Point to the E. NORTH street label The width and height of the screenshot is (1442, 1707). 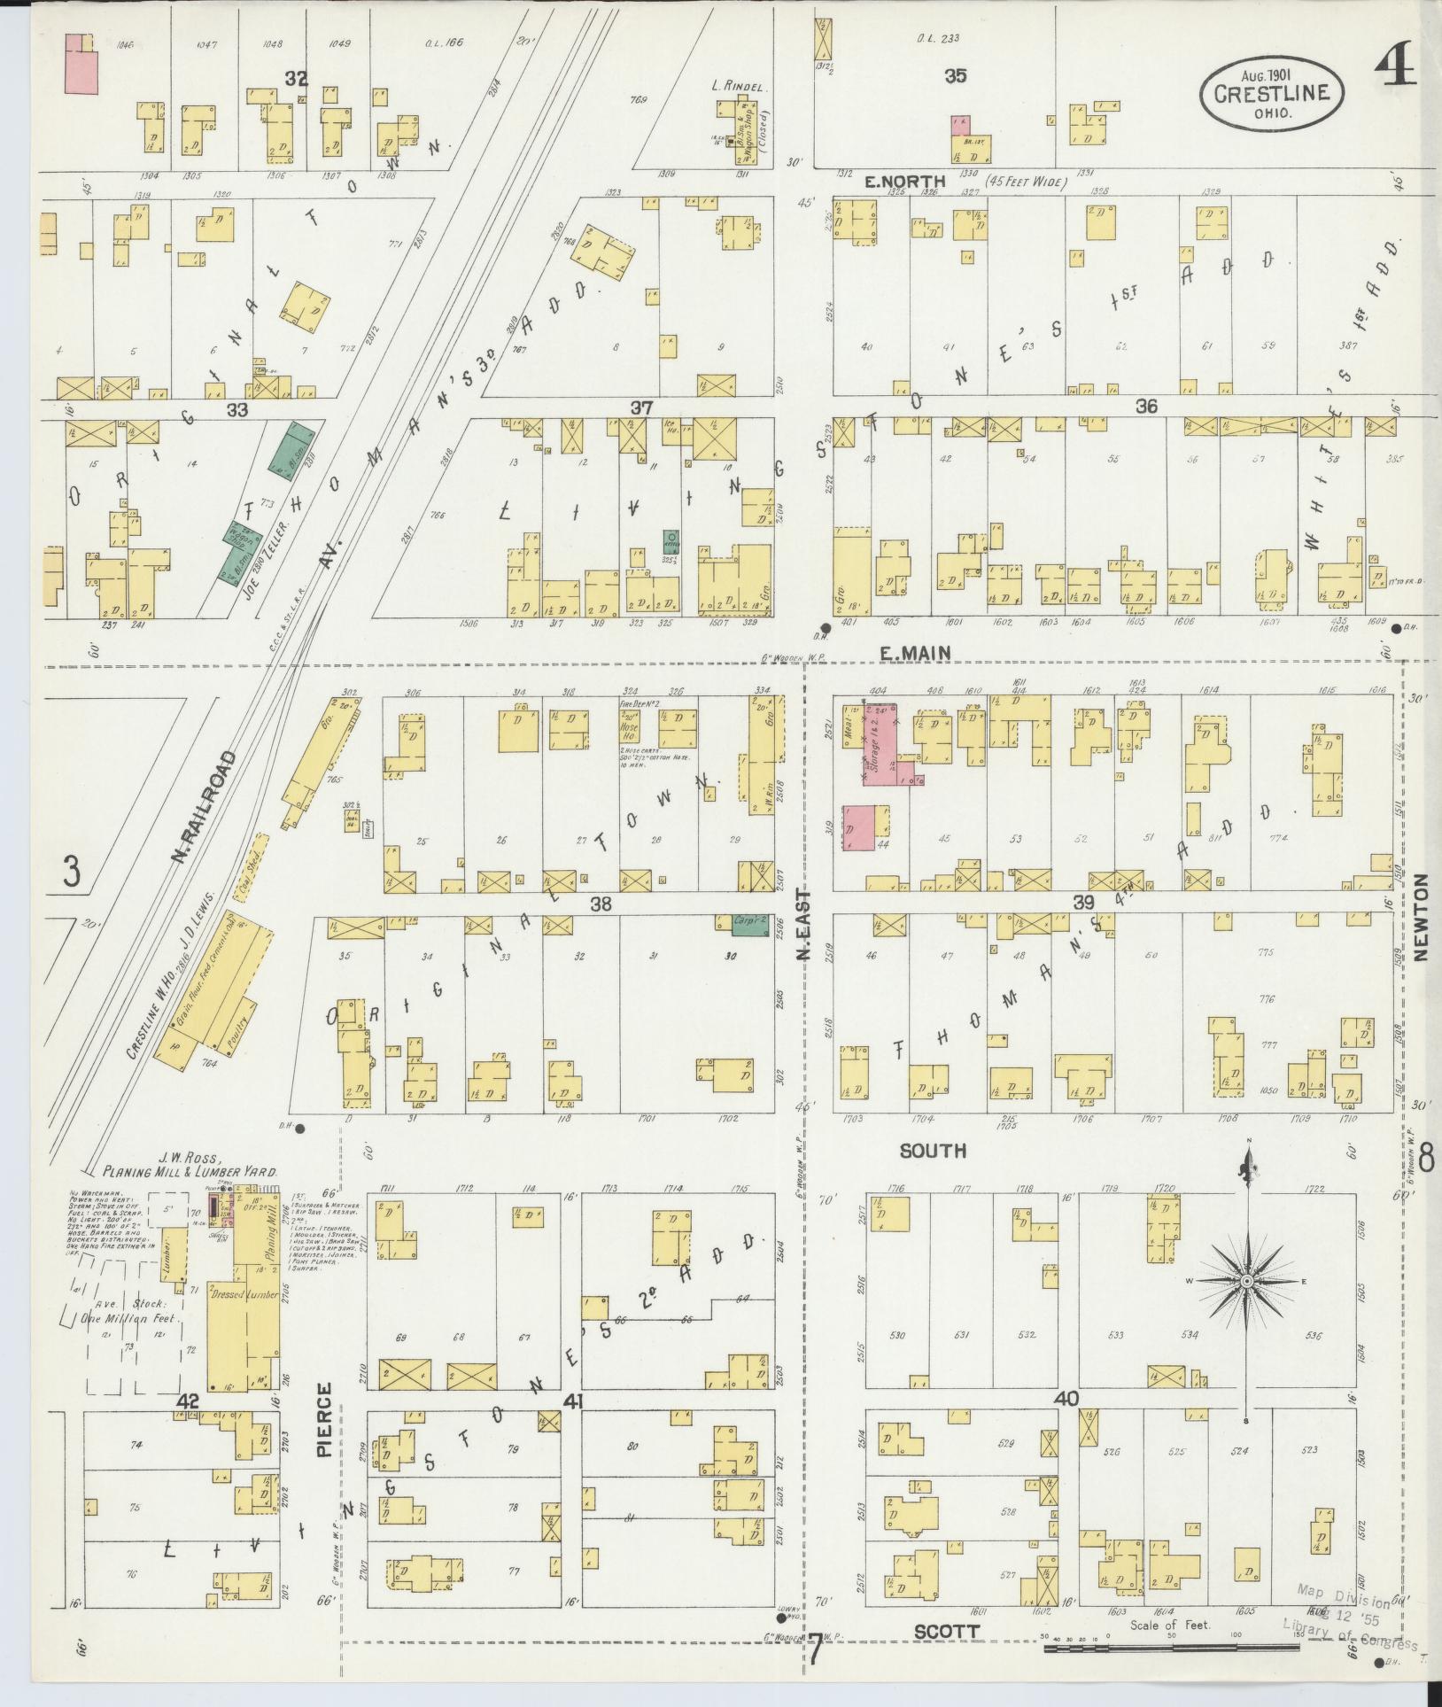pos(905,182)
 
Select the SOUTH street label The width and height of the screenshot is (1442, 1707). pos(932,1151)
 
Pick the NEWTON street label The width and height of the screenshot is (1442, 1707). pos(1423,918)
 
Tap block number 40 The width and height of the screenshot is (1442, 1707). pos(1066,1400)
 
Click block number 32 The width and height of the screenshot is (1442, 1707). pos(295,80)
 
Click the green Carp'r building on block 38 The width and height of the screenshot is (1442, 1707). pos(750,924)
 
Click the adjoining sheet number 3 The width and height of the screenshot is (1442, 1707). pos(71,873)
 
